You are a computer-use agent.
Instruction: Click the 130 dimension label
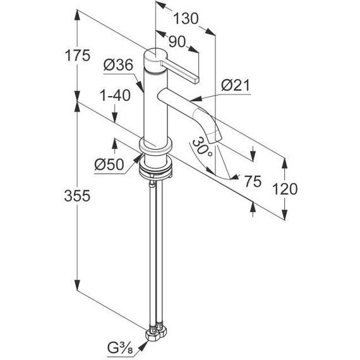coord(186,18)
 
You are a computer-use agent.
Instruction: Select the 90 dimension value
coord(177,42)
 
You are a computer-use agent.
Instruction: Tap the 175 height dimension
coord(78,56)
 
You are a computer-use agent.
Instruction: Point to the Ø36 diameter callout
coord(118,65)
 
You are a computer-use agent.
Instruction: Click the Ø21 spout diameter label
coord(236,85)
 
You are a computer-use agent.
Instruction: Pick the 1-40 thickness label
coord(116,95)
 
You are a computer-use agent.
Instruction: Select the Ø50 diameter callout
coord(109,165)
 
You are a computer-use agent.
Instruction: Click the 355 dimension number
coord(77,196)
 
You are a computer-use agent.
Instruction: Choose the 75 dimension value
coord(253,181)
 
